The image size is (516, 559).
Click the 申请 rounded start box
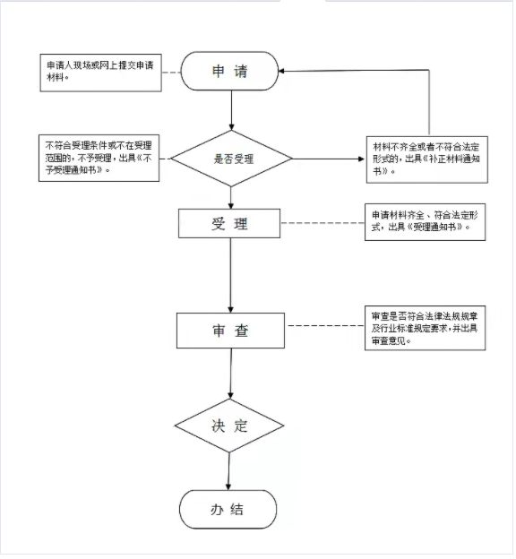(230, 71)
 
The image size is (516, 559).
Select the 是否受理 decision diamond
(231, 159)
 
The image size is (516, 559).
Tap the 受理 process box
(229, 224)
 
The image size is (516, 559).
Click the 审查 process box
(231, 331)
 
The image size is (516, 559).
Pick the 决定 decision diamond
(229, 426)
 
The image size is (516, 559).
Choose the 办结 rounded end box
(228, 510)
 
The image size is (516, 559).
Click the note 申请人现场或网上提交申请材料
(101, 73)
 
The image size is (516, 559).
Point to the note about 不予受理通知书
(99, 158)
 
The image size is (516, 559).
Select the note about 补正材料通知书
(427, 159)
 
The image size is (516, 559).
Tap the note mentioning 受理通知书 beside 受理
(425, 222)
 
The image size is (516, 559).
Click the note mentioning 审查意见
(425, 328)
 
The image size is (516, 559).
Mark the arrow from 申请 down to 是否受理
(231, 110)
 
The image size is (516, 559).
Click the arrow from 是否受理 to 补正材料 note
(329, 159)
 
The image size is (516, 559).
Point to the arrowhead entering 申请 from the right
(281, 71)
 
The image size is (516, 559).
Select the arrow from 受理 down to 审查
(231, 276)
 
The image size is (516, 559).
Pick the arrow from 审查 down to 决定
(231, 374)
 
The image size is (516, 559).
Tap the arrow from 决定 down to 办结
(228, 471)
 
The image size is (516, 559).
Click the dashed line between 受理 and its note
(322, 223)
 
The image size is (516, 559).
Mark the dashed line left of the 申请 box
(171, 73)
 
